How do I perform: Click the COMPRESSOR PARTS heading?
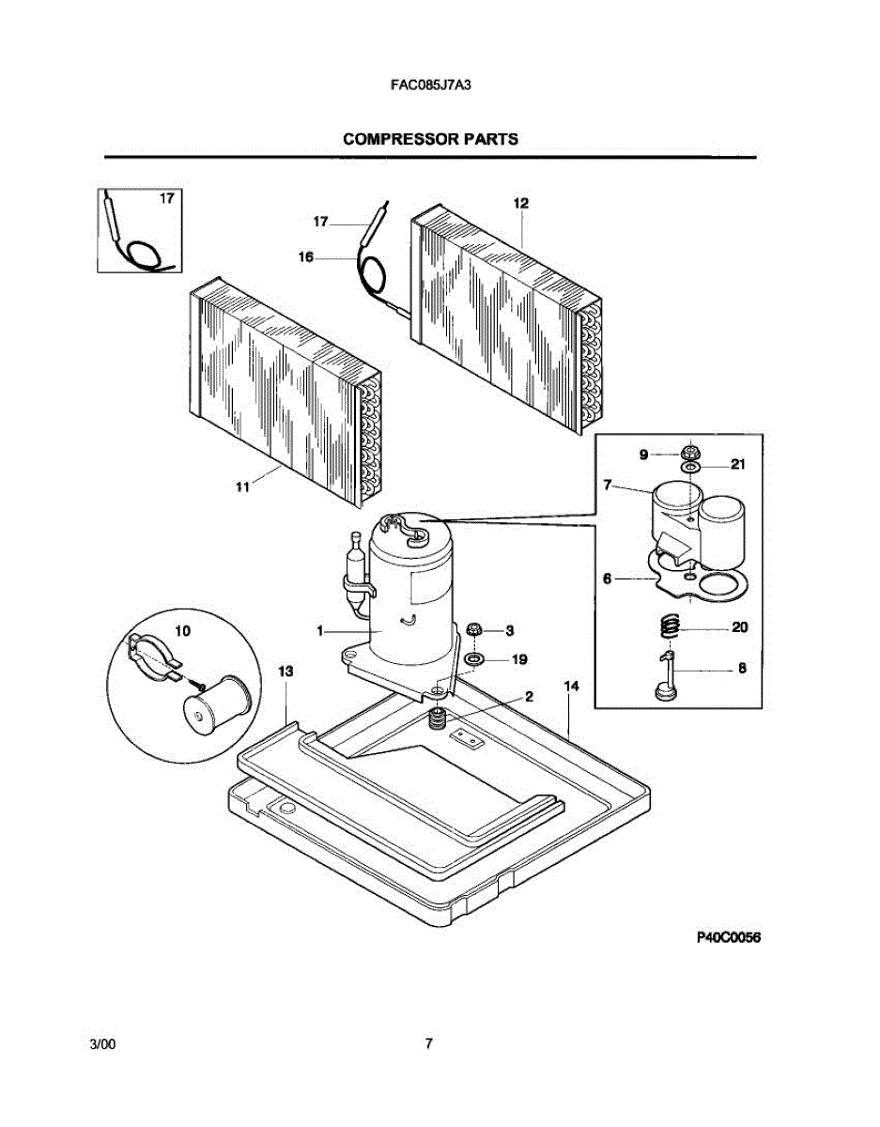(430, 139)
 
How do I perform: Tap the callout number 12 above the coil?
(520, 203)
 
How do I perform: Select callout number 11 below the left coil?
(243, 486)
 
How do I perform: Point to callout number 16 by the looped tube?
(306, 256)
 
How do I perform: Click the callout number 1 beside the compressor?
(320, 632)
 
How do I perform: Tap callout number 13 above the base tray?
(286, 671)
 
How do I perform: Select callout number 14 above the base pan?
(570, 687)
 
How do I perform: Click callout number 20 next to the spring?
(739, 626)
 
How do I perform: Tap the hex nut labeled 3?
(474, 629)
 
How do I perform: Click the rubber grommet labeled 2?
(436, 719)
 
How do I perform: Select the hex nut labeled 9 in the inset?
(690, 454)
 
